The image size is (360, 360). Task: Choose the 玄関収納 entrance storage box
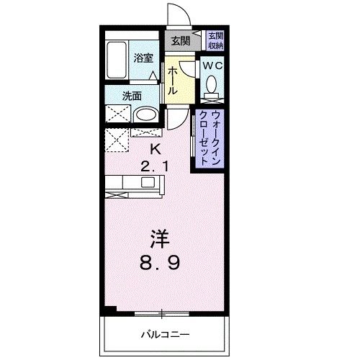click(215, 40)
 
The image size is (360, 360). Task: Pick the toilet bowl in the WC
click(212, 86)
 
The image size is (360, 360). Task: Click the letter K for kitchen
click(154, 149)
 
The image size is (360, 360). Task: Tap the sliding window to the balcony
click(162, 312)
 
